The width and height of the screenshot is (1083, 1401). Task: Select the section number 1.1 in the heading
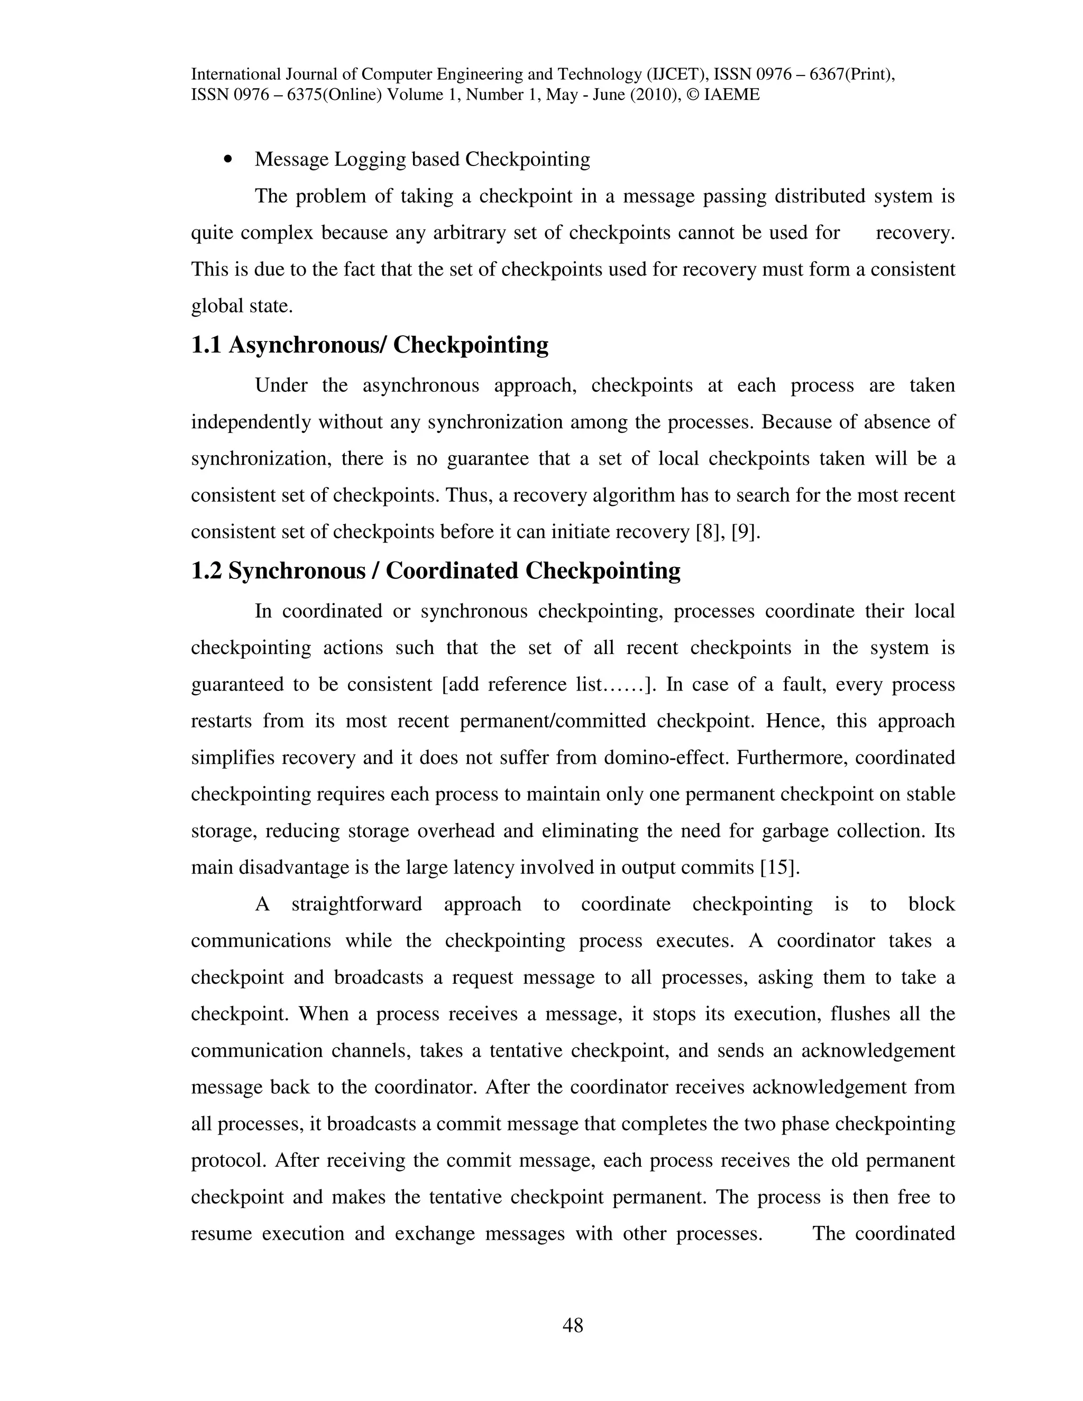click(206, 345)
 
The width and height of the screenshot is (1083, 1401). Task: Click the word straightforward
click(357, 905)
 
